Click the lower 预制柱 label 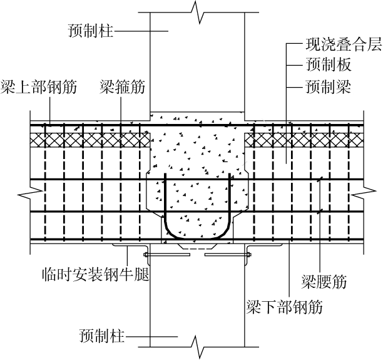(102, 337)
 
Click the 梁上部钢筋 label (39, 87)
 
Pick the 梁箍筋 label (122, 87)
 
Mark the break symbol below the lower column (198, 344)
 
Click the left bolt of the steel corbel (146, 255)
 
